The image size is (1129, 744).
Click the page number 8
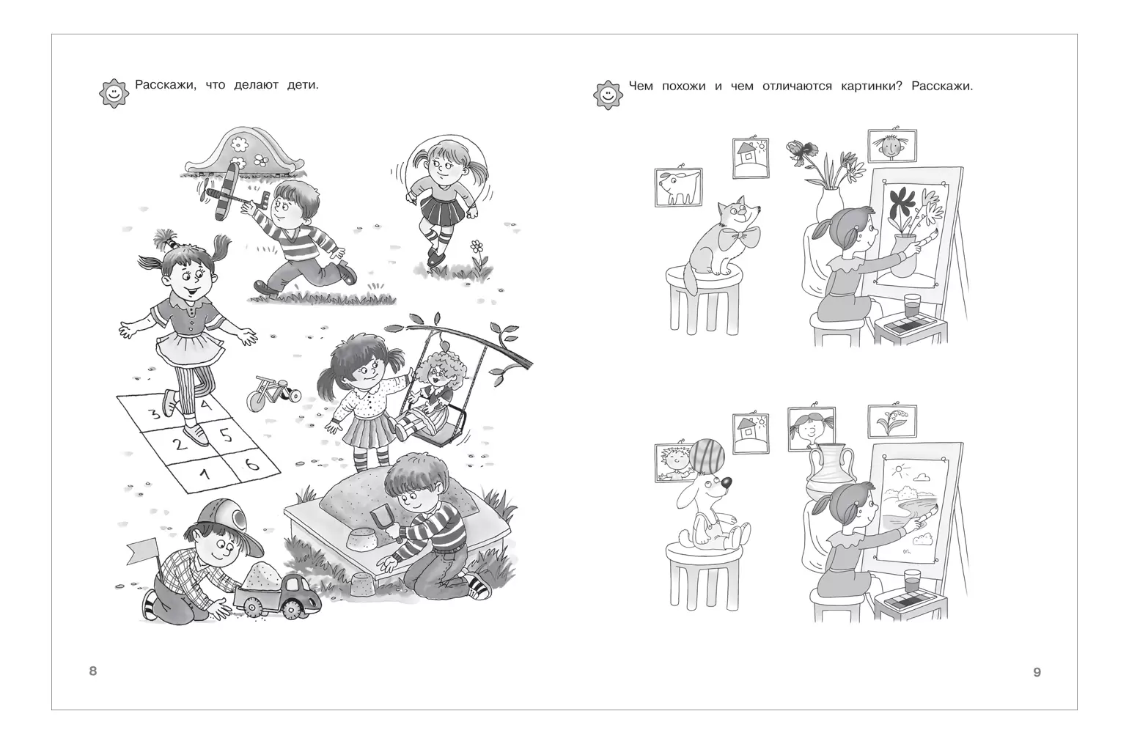[92, 671]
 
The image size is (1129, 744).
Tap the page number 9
[1037, 672]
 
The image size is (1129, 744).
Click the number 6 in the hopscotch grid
[251, 463]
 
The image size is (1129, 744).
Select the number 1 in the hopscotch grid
[204, 474]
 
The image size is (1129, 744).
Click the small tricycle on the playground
[272, 393]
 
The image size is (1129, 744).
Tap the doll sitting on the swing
[433, 393]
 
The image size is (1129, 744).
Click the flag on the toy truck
[143, 551]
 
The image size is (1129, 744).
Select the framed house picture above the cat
[751, 158]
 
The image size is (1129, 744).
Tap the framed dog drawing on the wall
[678, 187]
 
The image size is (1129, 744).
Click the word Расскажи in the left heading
[166, 85]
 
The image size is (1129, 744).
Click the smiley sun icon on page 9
[608, 95]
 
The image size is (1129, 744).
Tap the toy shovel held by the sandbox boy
[383, 522]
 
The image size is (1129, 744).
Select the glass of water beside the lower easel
[912, 582]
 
